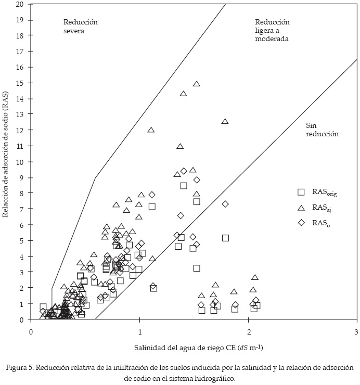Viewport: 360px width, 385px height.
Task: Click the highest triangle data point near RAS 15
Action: click(x=197, y=84)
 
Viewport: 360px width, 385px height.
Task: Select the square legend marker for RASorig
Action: click(x=301, y=192)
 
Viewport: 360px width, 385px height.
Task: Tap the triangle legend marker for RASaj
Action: click(x=301, y=208)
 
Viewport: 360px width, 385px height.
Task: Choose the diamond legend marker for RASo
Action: click(x=301, y=223)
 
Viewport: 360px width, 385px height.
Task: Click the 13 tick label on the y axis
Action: click(x=20, y=114)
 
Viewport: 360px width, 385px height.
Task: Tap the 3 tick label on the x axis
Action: click(x=356, y=331)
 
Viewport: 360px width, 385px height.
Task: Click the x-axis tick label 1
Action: click(x=139, y=331)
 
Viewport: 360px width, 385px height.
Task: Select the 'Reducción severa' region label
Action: click(x=81, y=27)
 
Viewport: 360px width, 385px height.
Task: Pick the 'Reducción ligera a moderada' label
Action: click(x=272, y=30)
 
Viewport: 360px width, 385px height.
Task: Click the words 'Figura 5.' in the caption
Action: click(x=20, y=368)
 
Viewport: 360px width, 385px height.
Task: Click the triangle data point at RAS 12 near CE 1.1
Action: click(x=151, y=130)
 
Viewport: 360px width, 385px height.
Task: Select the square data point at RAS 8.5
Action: click(x=184, y=185)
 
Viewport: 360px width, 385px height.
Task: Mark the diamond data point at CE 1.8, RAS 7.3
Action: click(x=225, y=204)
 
